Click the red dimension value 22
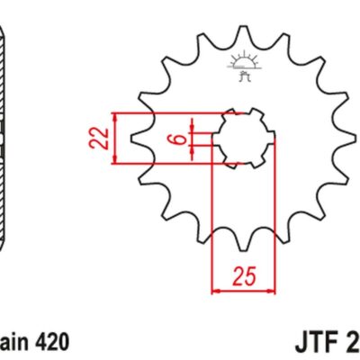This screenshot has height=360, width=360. tap(103, 139)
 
